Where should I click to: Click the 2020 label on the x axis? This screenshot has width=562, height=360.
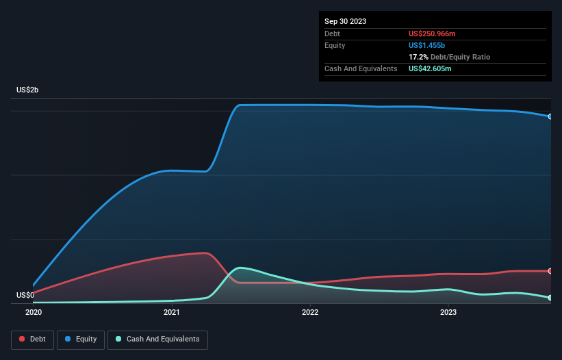coord(34,312)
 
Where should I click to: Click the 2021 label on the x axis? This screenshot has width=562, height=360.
coord(172,312)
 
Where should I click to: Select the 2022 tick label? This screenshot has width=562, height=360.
coord(310,312)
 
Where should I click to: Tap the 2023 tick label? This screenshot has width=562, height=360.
coord(448,312)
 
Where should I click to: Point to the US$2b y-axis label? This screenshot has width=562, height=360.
coord(28,90)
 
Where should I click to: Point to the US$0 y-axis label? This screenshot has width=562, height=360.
coord(26,296)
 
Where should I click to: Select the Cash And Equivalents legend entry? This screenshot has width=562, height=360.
coord(157,339)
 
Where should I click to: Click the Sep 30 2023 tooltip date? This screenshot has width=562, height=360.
coord(346,21)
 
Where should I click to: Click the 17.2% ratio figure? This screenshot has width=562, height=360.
coord(418,57)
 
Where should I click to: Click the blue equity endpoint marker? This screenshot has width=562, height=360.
coord(550,116)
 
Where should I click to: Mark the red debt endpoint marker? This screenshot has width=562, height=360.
coord(550,271)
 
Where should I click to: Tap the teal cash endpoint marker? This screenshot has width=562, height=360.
coord(550,298)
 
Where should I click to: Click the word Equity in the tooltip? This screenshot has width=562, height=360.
coord(335,45)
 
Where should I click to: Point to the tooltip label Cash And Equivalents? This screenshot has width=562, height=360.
coord(361,68)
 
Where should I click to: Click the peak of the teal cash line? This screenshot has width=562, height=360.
coord(240,268)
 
